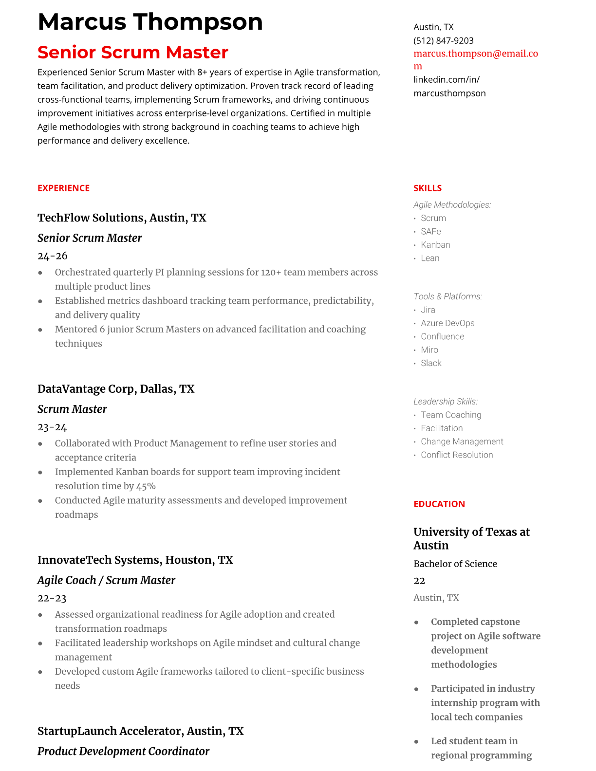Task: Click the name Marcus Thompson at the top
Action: (x=150, y=22)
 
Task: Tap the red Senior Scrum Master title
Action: (x=133, y=53)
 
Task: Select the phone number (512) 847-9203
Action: (x=443, y=41)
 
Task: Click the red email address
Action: (x=475, y=54)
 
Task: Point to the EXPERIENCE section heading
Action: (x=63, y=188)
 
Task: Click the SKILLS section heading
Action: (x=428, y=188)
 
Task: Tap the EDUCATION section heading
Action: (x=439, y=504)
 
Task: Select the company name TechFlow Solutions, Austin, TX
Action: (x=122, y=218)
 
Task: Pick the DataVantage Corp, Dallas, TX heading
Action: (x=116, y=389)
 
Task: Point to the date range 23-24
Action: (x=52, y=427)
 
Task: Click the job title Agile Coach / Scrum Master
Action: (x=106, y=580)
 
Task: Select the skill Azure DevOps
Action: (x=447, y=323)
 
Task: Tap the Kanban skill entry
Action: (x=435, y=245)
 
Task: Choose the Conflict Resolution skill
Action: (x=457, y=455)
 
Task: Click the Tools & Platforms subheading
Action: (x=447, y=296)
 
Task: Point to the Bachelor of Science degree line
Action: (x=455, y=564)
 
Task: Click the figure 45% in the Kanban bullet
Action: (x=146, y=486)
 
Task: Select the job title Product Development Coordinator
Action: (x=123, y=752)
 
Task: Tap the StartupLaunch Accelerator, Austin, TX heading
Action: (x=140, y=731)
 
